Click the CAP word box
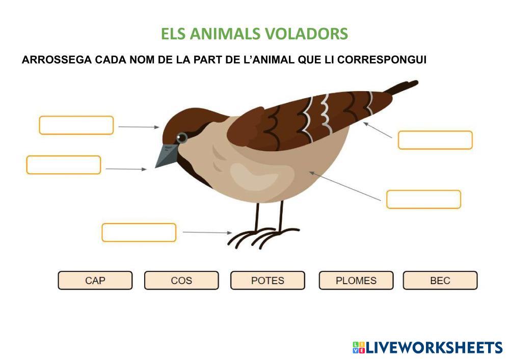point(95,281)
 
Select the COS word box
point(181,281)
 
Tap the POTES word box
point(267,281)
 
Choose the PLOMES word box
point(356,281)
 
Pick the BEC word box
point(440,281)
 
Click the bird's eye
point(181,137)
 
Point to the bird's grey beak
point(166,155)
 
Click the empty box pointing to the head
point(76,125)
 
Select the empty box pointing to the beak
point(64,165)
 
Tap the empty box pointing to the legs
point(139,232)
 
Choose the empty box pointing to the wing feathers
point(435,140)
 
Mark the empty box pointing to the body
point(423,199)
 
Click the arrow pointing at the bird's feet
point(207,232)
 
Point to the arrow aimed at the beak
point(126,169)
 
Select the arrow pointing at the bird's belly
point(345,186)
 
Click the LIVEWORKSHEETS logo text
point(434,348)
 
